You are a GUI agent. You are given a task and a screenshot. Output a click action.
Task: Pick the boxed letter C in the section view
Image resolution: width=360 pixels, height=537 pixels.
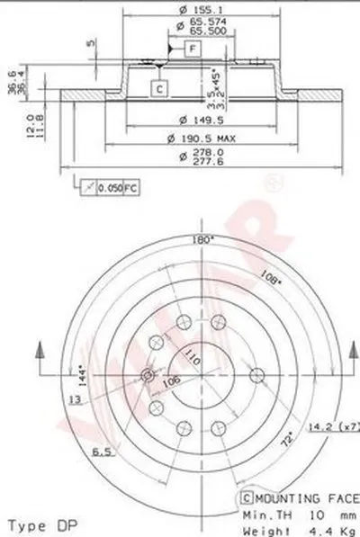[158, 87]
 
